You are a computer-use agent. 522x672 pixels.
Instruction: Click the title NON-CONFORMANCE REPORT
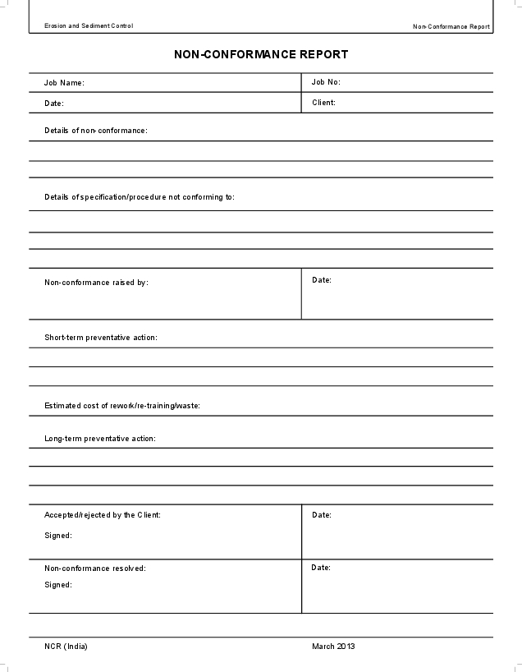coord(261,54)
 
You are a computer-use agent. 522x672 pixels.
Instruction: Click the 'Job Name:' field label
coord(64,83)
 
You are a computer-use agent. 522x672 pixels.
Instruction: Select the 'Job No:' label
coord(326,82)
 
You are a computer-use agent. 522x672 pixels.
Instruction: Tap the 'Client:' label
coord(323,103)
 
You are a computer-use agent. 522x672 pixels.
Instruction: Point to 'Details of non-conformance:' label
coord(96,131)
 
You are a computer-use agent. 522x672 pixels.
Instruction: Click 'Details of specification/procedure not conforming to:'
coord(140,197)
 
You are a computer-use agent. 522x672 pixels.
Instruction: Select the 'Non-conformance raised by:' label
coord(96,283)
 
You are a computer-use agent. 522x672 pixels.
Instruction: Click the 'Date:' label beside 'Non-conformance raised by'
coord(322,280)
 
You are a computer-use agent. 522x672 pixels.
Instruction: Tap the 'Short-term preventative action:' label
coord(100,338)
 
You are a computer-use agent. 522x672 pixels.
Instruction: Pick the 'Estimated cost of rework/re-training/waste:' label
coord(122,405)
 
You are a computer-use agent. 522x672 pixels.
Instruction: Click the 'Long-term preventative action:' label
coord(100,439)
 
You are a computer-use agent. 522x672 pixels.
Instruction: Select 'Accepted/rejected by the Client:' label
coord(103,515)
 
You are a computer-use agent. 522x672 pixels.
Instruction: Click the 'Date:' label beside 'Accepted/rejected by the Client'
coord(322,515)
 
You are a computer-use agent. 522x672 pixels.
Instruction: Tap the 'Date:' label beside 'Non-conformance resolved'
coord(322,568)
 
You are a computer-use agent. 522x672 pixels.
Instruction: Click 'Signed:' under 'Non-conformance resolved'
coord(58,585)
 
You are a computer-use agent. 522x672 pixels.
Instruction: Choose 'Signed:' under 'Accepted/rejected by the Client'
coord(58,536)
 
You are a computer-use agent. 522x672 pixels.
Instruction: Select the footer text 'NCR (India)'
coord(66,647)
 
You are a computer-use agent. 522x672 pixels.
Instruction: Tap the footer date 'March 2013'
coord(333,647)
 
